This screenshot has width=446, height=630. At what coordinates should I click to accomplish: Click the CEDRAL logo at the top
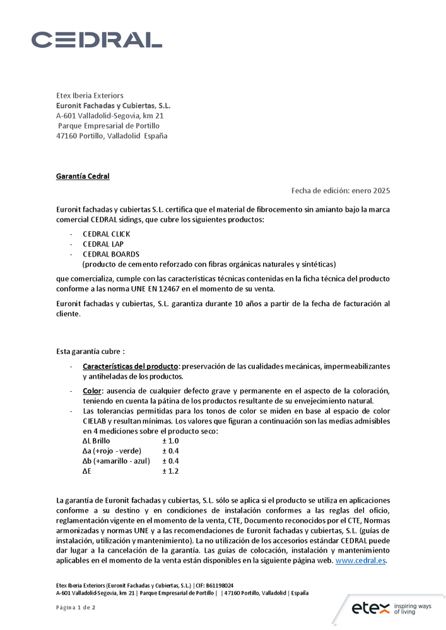97,40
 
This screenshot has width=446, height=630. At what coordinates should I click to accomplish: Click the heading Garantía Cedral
83,176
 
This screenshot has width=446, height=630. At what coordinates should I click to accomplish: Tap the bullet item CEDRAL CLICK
107,234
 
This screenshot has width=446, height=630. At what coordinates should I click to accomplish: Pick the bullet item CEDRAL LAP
103,244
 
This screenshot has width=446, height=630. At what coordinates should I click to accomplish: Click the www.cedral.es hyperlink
360,560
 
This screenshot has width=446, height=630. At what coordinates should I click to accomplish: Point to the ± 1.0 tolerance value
170,440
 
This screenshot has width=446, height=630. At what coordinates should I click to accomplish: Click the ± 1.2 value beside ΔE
170,471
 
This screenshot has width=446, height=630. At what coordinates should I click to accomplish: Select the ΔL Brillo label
96,440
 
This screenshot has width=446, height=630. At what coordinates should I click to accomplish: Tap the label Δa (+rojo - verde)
112,450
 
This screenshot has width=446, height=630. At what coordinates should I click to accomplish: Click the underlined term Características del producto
130,366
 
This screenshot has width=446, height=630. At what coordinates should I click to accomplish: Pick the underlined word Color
92,391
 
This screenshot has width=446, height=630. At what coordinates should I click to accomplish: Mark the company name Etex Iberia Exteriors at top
90,95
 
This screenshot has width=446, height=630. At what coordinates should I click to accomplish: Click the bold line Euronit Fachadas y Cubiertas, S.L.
114,105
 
